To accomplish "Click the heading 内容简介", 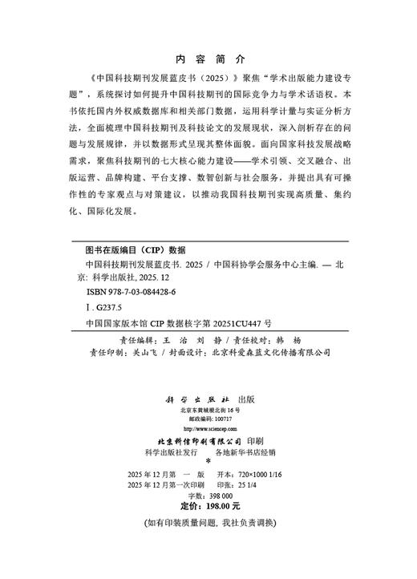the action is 208,60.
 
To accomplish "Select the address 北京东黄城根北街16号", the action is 208,410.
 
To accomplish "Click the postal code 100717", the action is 221,419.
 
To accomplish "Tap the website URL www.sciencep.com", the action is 208,429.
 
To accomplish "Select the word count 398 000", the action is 219,497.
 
